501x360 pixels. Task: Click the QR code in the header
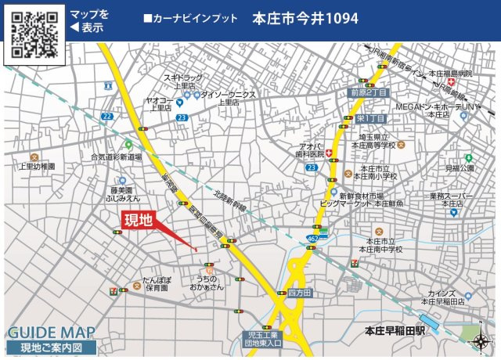pos(34,34)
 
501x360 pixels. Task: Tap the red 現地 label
pos(137,221)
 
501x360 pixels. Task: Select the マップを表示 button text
pos(88,20)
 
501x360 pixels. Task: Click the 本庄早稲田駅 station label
pos(395,330)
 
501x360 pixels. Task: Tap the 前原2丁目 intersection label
pos(369,93)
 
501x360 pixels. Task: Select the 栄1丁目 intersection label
pos(371,118)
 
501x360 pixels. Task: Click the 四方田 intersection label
pos(299,293)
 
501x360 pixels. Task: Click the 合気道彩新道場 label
pos(116,157)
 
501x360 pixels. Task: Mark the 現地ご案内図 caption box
pos(52,347)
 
